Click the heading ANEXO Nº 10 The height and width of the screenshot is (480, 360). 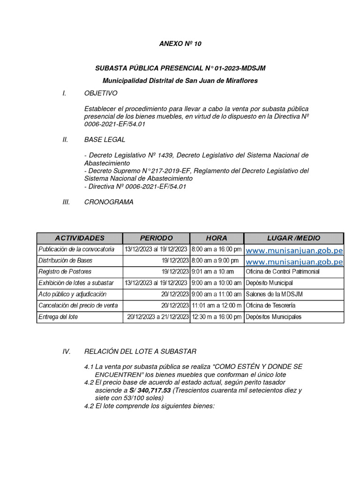(180, 44)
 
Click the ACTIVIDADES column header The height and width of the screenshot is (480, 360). (80, 238)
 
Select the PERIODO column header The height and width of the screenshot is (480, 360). (156, 238)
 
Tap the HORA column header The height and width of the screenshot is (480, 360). (216, 238)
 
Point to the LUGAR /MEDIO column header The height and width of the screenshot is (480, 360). (293, 238)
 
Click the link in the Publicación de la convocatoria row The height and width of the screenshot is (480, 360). (294, 250)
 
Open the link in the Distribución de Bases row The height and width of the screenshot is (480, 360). (294, 261)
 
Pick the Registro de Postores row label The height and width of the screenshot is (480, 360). (65, 272)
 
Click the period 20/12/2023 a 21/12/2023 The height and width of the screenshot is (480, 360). (158, 317)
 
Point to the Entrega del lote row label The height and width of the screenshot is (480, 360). (58, 317)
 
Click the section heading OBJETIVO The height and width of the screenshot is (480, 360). (101, 93)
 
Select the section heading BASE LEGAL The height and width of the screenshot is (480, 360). (105, 140)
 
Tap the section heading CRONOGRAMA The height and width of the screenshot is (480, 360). (109, 202)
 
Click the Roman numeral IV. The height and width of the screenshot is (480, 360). (66, 351)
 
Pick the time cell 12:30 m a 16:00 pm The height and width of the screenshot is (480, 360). (217, 317)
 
